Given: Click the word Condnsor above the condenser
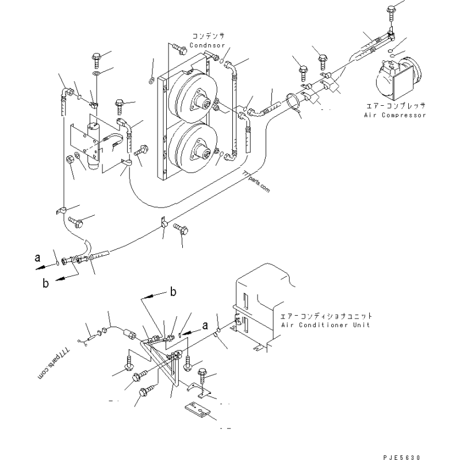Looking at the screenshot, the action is pyautogui.click(x=207, y=45).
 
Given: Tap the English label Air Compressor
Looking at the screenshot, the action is pyautogui.click(x=395, y=115).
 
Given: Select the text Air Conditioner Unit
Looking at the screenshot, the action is pyautogui.click(x=325, y=325).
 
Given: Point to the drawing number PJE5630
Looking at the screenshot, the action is pyautogui.click(x=401, y=457).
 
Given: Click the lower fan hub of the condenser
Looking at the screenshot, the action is pyautogui.click(x=203, y=153).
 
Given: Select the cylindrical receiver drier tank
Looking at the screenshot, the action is pyautogui.click(x=94, y=146).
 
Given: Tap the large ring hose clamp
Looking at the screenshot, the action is pyautogui.click(x=293, y=103).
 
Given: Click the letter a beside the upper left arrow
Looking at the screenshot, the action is pyautogui.click(x=37, y=258).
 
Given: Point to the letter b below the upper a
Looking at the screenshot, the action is pyautogui.click(x=45, y=283).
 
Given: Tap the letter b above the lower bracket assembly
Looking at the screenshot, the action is pyautogui.click(x=174, y=292).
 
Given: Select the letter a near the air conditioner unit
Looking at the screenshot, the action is pyautogui.click(x=205, y=325).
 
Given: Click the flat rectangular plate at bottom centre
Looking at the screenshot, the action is pyautogui.click(x=198, y=410).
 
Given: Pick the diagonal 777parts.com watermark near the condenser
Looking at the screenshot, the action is pyautogui.click(x=256, y=182).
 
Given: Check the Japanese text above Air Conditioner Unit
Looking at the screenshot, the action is pyautogui.click(x=326, y=316).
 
